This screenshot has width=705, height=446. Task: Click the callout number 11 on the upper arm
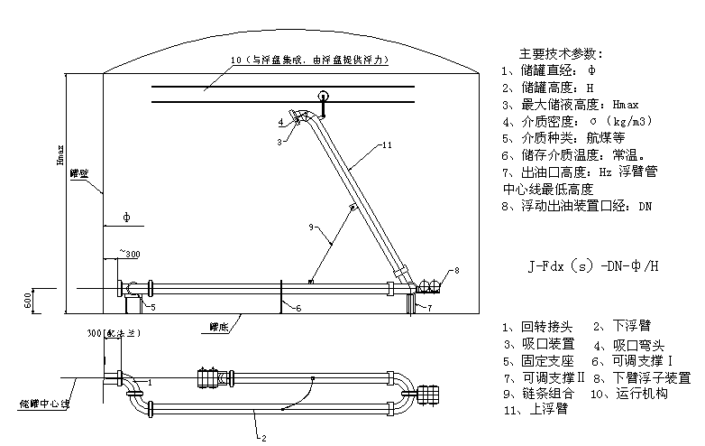(386, 144)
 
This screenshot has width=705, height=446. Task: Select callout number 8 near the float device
(456, 270)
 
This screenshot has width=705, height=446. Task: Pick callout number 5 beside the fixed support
(152, 307)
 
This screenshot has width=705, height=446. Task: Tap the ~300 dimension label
(128, 255)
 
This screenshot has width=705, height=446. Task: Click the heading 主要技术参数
(562, 54)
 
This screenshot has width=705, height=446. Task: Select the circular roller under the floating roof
(323, 97)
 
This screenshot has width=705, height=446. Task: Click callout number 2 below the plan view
(262, 438)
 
